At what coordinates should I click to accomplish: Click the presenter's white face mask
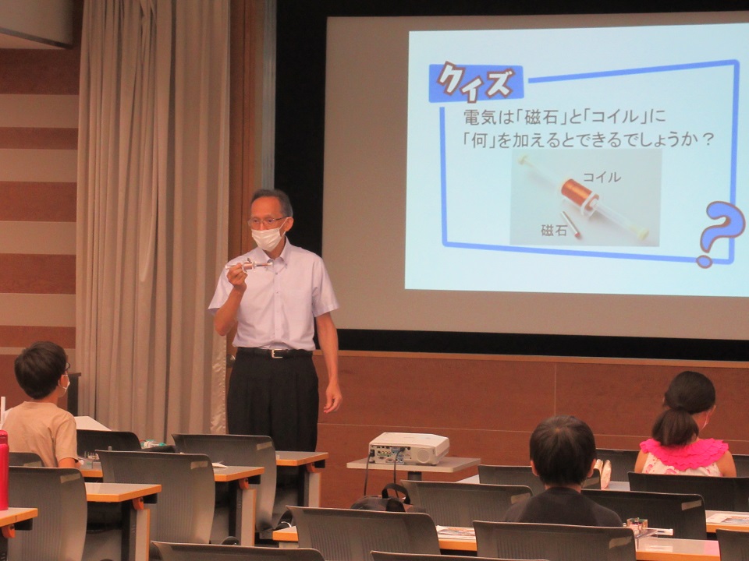(268, 238)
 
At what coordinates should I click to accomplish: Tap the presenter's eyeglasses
(267, 221)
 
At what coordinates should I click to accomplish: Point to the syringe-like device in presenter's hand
(249, 265)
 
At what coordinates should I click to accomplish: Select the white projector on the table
(409, 448)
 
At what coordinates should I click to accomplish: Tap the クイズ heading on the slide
(475, 82)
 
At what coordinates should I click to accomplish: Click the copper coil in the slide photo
(578, 193)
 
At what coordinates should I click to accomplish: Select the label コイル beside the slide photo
(602, 177)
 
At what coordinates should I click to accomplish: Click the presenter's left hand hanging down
(332, 396)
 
